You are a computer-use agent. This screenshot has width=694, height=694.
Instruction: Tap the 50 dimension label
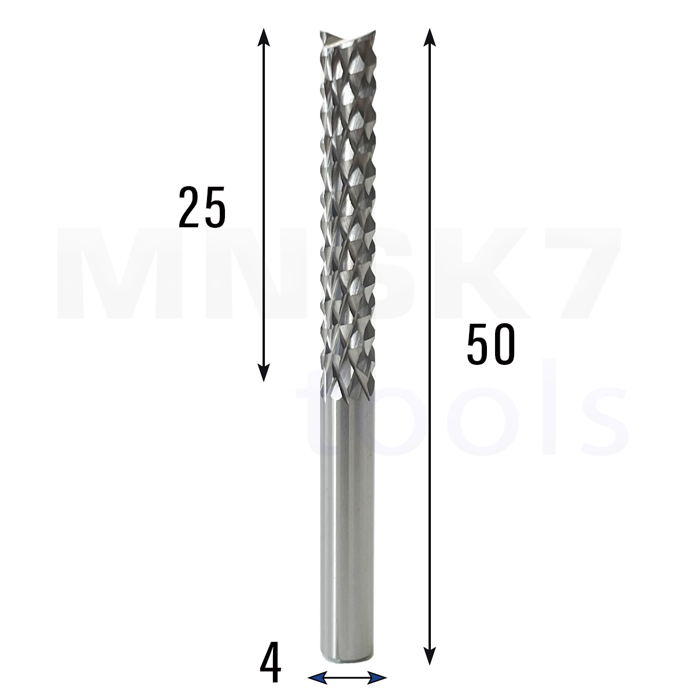(x=491, y=344)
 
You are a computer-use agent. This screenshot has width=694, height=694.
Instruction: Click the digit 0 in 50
(x=504, y=344)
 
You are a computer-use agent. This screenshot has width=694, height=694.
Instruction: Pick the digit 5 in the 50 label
(x=478, y=344)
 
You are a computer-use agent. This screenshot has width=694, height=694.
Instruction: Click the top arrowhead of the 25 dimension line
(x=264, y=37)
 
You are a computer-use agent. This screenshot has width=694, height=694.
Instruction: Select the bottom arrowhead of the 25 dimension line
(x=264, y=372)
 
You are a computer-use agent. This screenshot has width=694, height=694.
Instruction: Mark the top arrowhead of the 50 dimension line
(x=429, y=37)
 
